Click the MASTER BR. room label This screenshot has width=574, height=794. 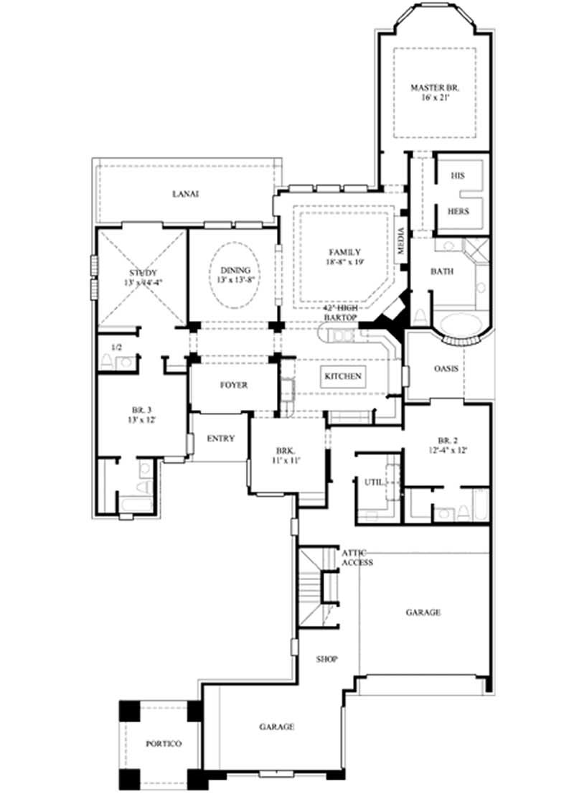(x=434, y=88)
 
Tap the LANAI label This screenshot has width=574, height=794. (x=185, y=194)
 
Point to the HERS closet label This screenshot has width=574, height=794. (x=458, y=212)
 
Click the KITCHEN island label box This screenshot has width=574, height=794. (x=344, y=376)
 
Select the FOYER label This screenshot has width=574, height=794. (x=233, y=386)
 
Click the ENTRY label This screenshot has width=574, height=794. (x=221, y=439)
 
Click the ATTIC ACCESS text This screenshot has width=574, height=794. (x=357, y=558)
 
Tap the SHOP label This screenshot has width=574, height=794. (x=328, y=658)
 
